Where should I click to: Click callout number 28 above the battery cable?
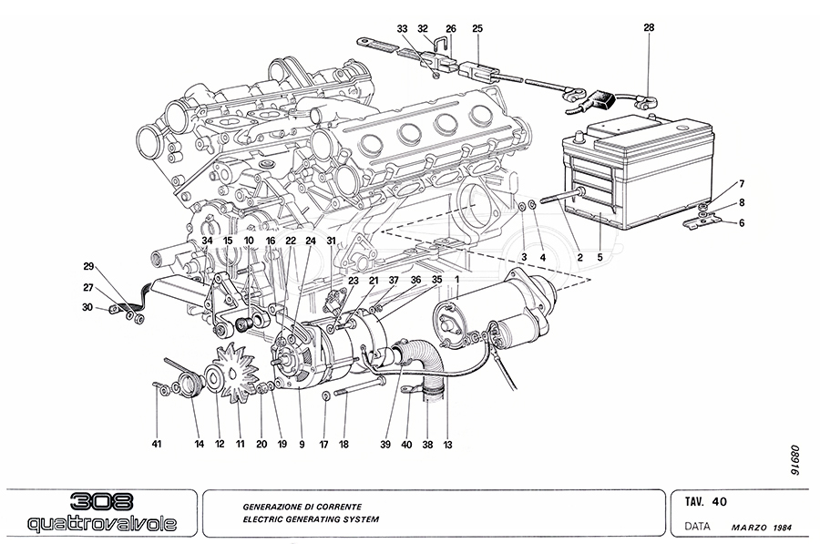point(648,28)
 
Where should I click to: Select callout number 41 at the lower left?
point(156,444)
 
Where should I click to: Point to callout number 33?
point(402,28)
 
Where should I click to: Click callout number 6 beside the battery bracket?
point(741,223)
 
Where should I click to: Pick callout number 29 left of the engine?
point(88,266)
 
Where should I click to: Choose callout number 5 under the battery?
point(600,258)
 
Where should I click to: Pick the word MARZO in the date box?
point(750,528)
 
